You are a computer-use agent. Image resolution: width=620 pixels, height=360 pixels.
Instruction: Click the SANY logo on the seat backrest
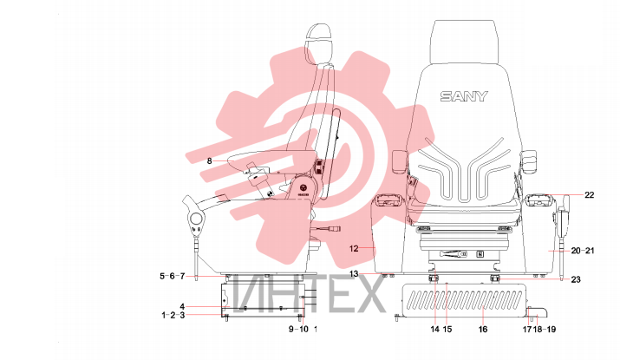click(464, 96)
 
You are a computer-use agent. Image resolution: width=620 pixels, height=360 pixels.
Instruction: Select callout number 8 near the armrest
click(209, 160)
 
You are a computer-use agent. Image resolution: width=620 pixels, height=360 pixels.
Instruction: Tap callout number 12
click(354, 248)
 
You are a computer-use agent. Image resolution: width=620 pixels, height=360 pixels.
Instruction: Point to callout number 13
click(354, 273)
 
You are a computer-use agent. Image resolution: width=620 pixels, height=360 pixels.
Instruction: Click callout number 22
click(589, 194)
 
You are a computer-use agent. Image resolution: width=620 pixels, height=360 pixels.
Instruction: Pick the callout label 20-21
click(583, 251)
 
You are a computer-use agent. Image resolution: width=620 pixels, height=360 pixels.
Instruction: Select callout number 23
click(576, 279)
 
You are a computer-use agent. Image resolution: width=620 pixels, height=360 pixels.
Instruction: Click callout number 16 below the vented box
click(483, 329)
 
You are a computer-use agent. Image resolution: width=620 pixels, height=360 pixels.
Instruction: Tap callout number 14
click(435, 329)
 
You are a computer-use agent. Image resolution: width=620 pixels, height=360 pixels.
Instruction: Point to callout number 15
click(447, 329)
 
